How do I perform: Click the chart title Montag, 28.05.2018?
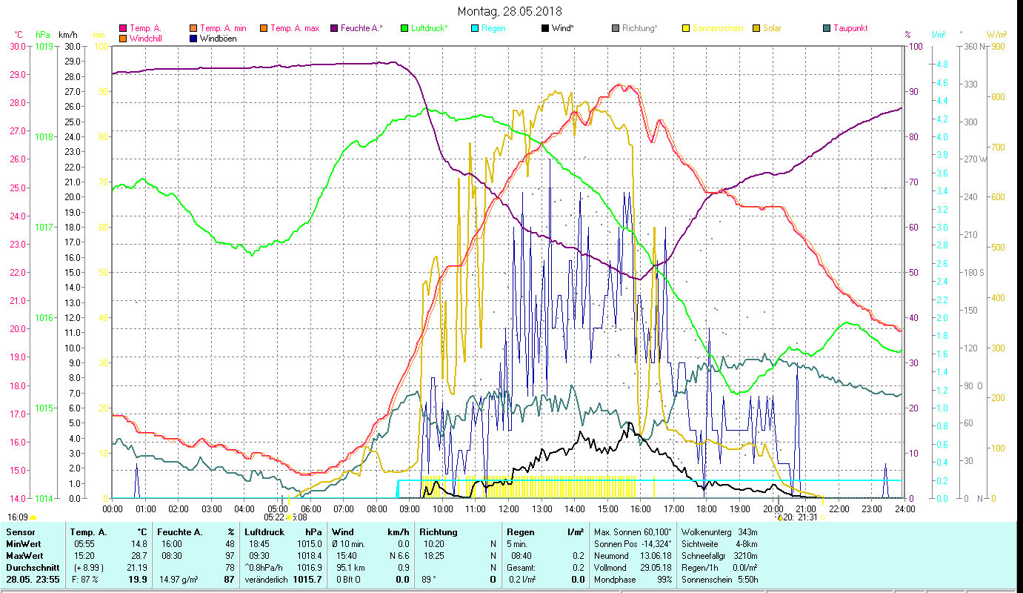(510, 11)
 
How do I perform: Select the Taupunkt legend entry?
(850, 28)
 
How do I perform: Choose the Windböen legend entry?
(218, 39)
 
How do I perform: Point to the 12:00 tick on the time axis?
(509, 509)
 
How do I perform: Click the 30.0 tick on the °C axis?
(17, 46)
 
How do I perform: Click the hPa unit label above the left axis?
(43, 35)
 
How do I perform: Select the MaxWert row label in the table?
(24, 555)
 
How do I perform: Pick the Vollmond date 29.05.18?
(656, 567)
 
